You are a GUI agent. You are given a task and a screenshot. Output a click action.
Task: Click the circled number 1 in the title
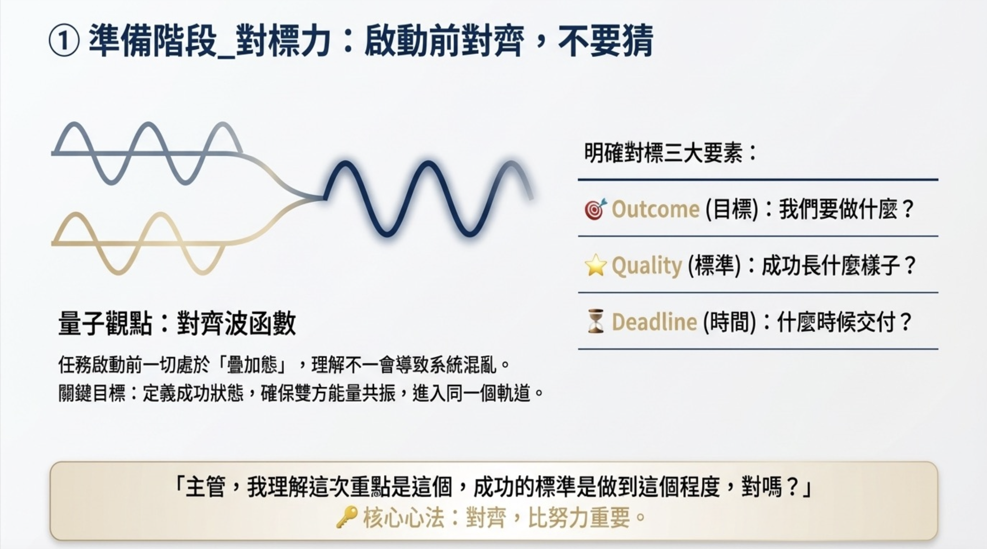click(64, 41)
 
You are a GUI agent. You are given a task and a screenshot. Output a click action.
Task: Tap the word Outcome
click(655, 209)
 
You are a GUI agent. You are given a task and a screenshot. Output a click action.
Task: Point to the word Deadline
click(654, 322)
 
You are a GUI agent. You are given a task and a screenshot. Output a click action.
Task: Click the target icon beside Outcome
click(595, 209)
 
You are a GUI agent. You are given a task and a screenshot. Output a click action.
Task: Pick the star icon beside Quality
click(595, 265)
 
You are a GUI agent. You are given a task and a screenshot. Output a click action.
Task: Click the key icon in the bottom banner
click(347, 517)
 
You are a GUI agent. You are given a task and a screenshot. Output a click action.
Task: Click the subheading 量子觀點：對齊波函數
click(177, 323)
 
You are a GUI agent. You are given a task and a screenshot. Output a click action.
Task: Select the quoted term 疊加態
click(252, 365)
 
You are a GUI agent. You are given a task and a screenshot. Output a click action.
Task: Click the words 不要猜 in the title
click(606, 41)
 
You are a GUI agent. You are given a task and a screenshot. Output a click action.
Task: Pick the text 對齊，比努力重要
click(548, 518)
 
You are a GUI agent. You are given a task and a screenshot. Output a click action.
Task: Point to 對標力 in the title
click(283, 41)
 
